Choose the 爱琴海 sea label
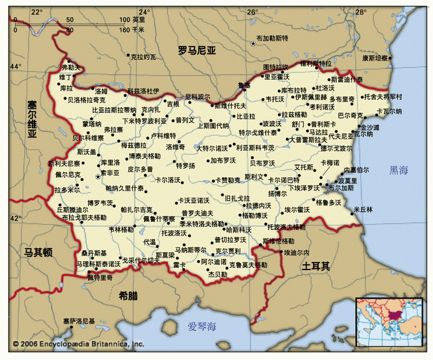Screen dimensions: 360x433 [x=202, y=327]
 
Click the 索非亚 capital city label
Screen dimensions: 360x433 [x=110, y=172]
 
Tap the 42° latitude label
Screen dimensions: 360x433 [x=15, y=218]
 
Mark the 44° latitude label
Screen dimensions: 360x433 [x=15, y=66]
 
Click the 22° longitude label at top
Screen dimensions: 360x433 [x=36, y=11]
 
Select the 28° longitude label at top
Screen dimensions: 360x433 [x=361, y=11]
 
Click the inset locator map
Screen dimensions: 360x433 [x=390, y=324]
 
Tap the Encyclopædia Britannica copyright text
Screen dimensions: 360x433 [x=78, y=344]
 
